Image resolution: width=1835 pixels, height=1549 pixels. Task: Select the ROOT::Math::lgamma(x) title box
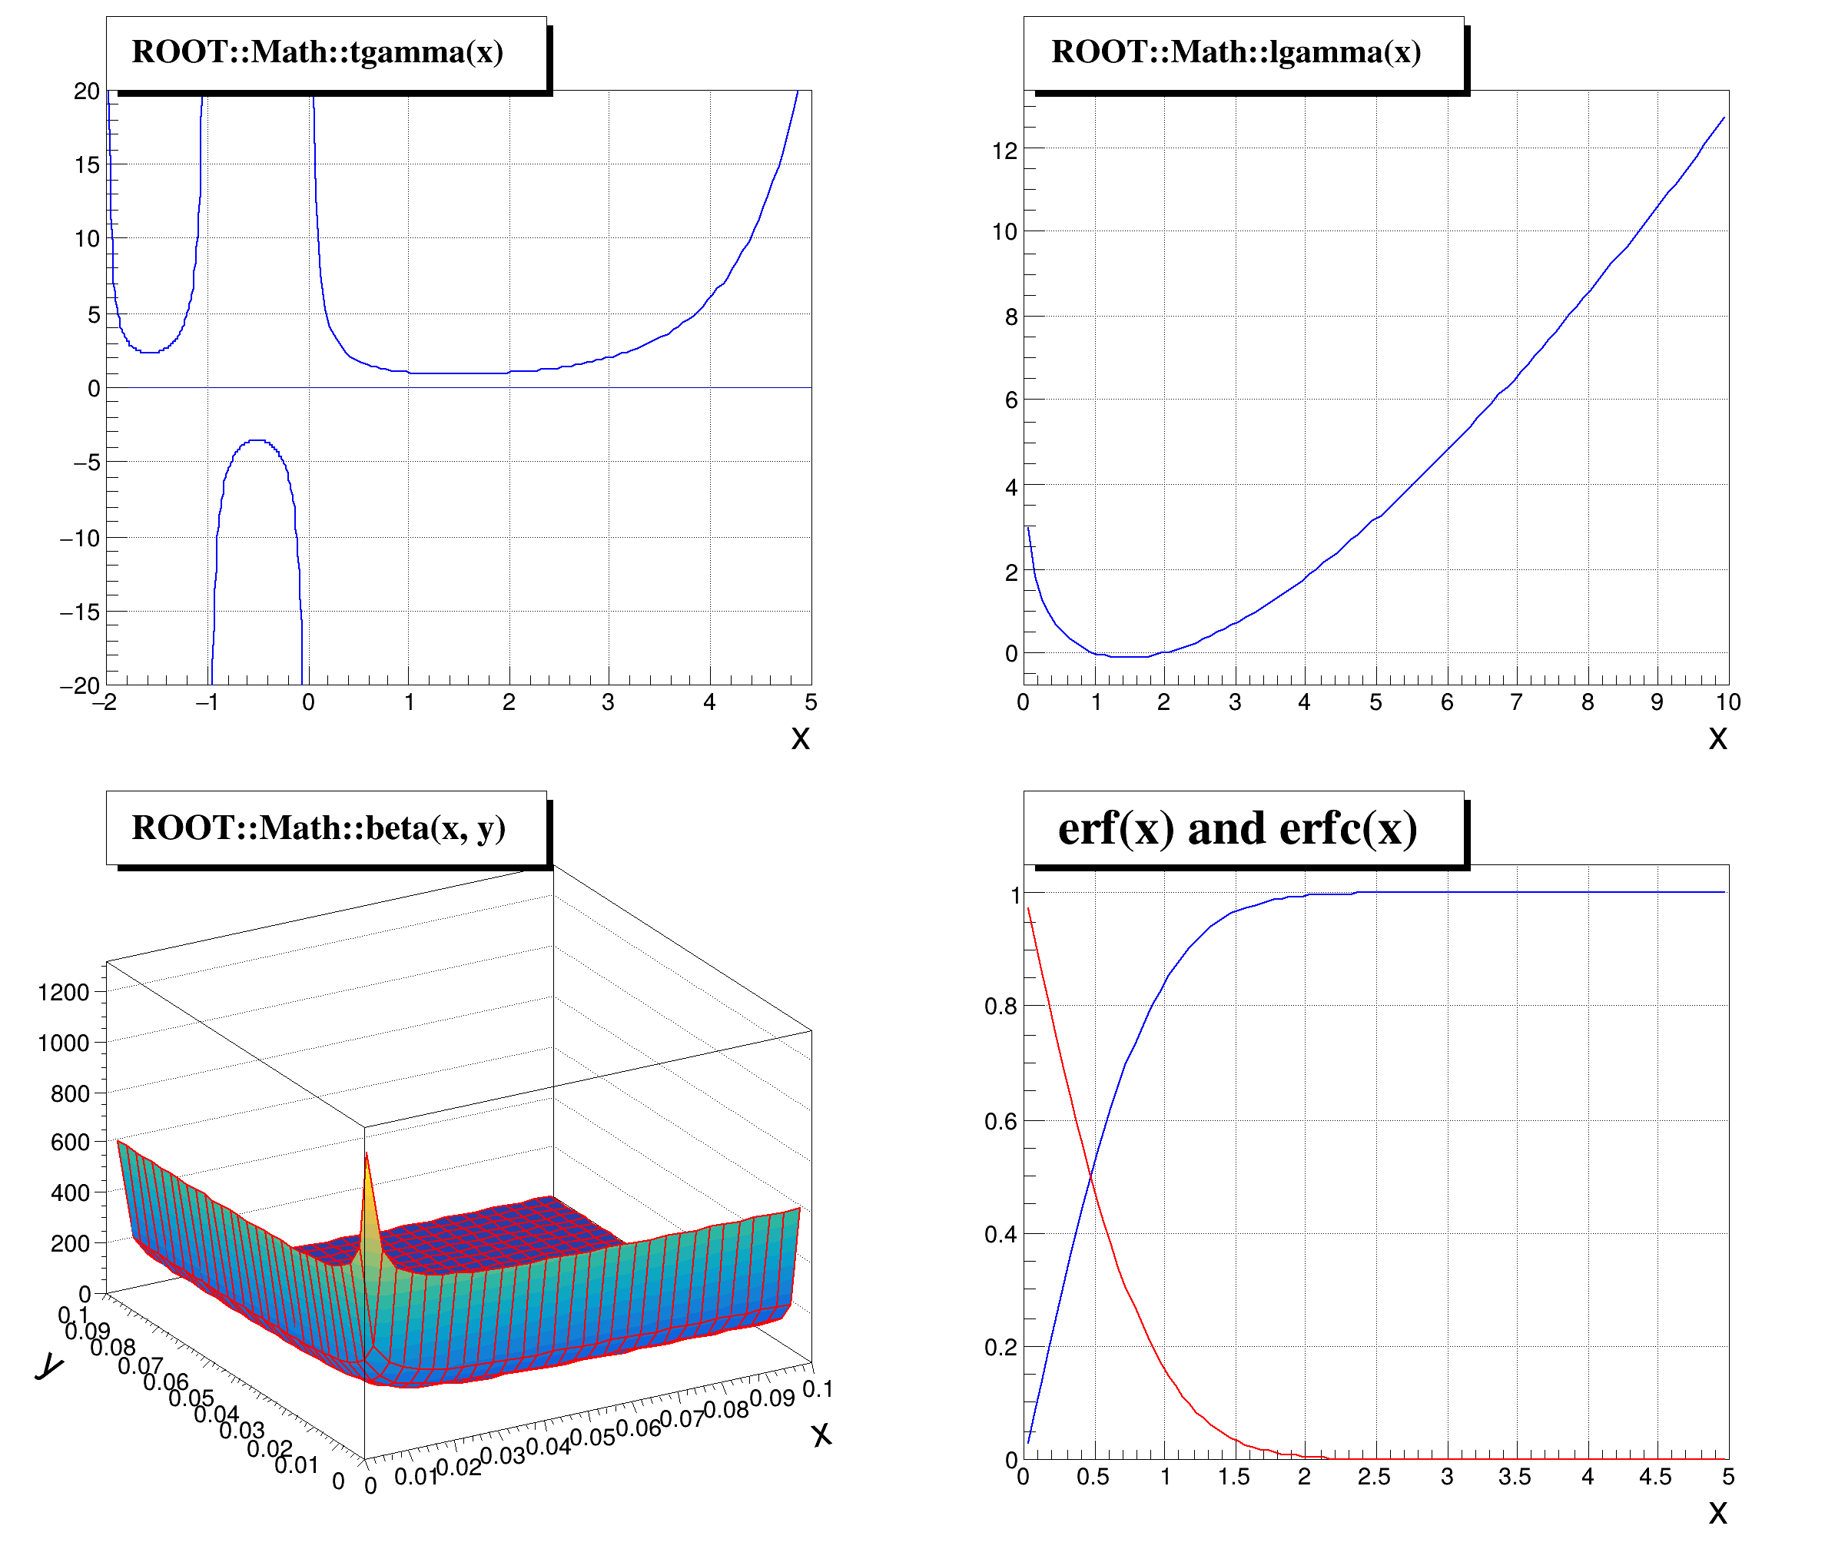pos(1236,53)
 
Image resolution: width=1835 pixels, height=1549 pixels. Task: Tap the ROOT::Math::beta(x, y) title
pos(318,828)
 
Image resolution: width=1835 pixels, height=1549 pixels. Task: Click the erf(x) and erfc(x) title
pos(1236,828)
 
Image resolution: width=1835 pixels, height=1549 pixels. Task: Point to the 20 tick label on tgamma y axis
pos(86,91)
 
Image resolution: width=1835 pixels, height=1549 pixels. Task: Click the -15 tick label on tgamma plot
pos(80,612)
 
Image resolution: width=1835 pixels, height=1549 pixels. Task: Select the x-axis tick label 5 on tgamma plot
pos(811,702)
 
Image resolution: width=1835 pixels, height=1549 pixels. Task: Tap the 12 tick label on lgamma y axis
pos(1004,151)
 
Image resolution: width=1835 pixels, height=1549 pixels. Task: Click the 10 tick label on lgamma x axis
pos(1727,702)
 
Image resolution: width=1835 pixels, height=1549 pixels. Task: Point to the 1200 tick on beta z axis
pos(64,992)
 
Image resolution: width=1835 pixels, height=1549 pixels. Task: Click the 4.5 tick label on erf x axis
pos(1655,1477)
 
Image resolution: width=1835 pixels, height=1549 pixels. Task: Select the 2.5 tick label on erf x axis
pos(1373,1477)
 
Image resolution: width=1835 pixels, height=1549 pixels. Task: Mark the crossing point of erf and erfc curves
pos(1090,1176)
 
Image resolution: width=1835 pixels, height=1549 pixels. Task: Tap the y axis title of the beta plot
pos(49,1366)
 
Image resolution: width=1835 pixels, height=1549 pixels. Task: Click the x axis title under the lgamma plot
pos(1717,738)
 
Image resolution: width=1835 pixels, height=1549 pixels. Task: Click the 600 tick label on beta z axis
pos(70,1143)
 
